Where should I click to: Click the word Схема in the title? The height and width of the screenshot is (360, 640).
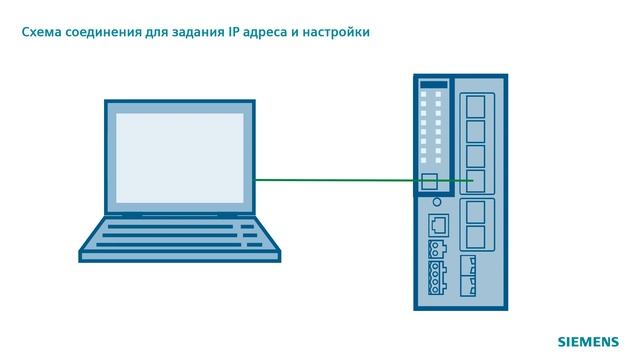coord(43,33)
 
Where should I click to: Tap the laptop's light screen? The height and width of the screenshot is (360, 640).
coord(180,157)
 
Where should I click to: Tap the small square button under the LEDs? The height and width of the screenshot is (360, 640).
coord(430,181)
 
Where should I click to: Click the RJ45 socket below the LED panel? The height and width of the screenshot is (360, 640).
coord(437,224)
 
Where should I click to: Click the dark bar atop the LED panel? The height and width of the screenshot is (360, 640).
coord(433,84)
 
